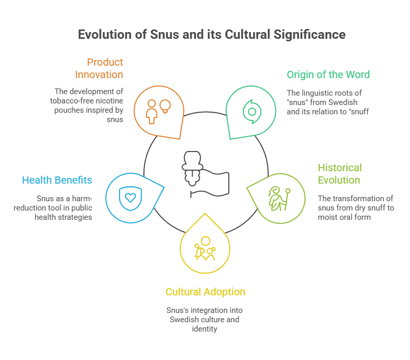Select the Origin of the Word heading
[x=328, y=74]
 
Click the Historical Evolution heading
[x=339, y=174]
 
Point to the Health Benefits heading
[x=57, y=180]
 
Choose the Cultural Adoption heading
[x=206, y=292]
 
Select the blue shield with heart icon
[x=129, y=197]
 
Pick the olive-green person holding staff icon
[x=277, y=198]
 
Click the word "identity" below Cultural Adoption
[x=206, y=328]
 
